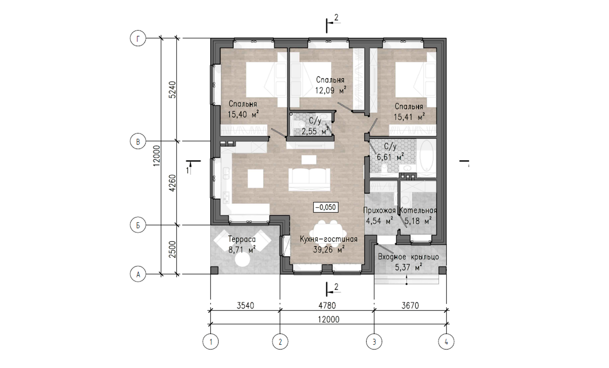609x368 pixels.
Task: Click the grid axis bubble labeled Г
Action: coord(138,39)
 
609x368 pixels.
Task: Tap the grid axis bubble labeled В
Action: coord(138,142)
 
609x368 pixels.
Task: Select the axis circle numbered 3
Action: coord(374,342)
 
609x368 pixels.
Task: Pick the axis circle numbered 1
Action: coord(211,342)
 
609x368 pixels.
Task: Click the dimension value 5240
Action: coord(173,90)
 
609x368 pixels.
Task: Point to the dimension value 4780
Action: coord(327,305)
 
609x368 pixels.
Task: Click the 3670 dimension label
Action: coord(410,305)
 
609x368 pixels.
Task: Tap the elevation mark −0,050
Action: coord(326,207)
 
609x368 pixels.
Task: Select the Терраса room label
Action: coord(242,239)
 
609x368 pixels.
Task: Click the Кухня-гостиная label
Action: coord(329,239)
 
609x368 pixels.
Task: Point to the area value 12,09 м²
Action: coord(331,90)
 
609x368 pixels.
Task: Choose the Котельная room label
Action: coord(418,210)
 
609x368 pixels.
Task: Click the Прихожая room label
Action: coord(379,210)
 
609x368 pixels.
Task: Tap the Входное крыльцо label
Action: coord(408,257)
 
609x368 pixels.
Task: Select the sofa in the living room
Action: coord(309,179)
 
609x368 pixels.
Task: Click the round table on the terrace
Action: coord(242,259)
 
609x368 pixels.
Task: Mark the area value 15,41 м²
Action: coord(409,117)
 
